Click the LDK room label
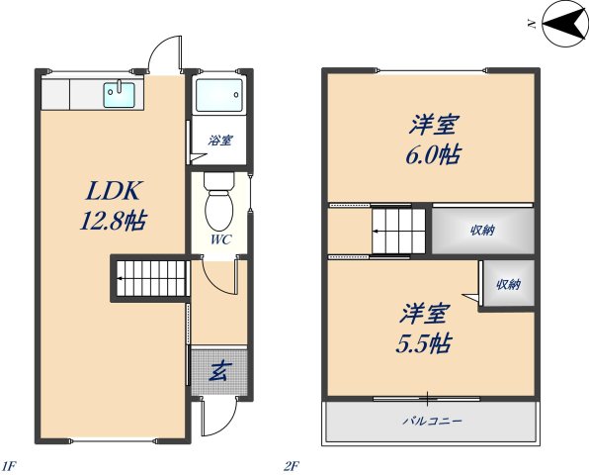(113, 189)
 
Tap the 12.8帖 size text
(113, 221)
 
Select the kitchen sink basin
(121, 95)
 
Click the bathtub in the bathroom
(217, 96)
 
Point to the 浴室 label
(219, 141)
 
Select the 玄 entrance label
(218, 372)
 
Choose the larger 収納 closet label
(482, 231)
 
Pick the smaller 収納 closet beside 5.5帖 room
(508, 285)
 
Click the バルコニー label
(431, 421)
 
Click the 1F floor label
(9, 464)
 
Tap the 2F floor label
(291, 464)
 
